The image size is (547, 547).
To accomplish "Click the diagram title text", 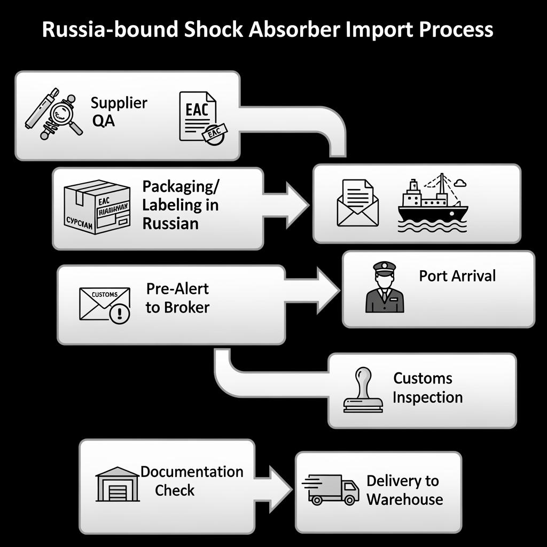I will point(267,30).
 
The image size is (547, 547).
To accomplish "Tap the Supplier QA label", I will point(119,111).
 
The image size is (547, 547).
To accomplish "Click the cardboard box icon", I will point(97,207).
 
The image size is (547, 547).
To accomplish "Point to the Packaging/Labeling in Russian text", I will point(181,205).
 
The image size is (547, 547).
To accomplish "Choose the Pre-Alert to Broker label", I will point(177,298).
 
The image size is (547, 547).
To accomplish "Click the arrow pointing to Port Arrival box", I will point(315,289).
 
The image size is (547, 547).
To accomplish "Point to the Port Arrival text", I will point(457,276).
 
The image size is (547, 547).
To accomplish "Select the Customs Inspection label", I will point(427,388).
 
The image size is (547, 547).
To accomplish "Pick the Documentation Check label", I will point(191,481).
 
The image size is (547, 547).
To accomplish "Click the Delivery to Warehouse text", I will point(404,490).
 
